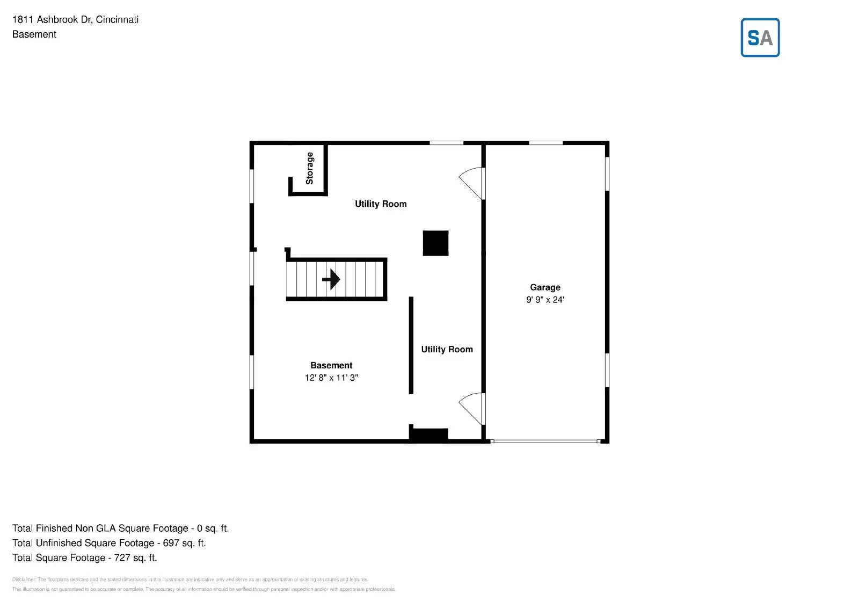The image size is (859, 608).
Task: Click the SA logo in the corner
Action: [760, 38]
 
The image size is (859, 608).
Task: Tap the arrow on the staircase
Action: [331, 279]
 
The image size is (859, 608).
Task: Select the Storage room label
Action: [309, 169]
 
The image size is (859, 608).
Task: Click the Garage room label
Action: [545, 287]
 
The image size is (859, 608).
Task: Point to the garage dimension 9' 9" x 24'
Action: [545, 300]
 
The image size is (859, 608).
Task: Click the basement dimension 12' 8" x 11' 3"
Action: [331, 378]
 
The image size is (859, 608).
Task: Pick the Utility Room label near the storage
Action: [381, 204]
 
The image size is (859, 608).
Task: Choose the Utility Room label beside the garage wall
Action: [447, 349]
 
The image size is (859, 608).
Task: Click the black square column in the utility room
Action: [435, 243]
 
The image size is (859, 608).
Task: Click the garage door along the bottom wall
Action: [545, 441]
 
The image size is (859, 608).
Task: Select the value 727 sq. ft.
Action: [135, 558]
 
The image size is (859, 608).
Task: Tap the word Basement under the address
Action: [34, 34]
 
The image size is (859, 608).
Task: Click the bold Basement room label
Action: [331, 365]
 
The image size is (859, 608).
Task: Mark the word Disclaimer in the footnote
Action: [24, 580]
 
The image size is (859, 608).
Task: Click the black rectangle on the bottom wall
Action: [429, 434]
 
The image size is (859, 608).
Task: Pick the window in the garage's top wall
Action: [545, 143]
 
